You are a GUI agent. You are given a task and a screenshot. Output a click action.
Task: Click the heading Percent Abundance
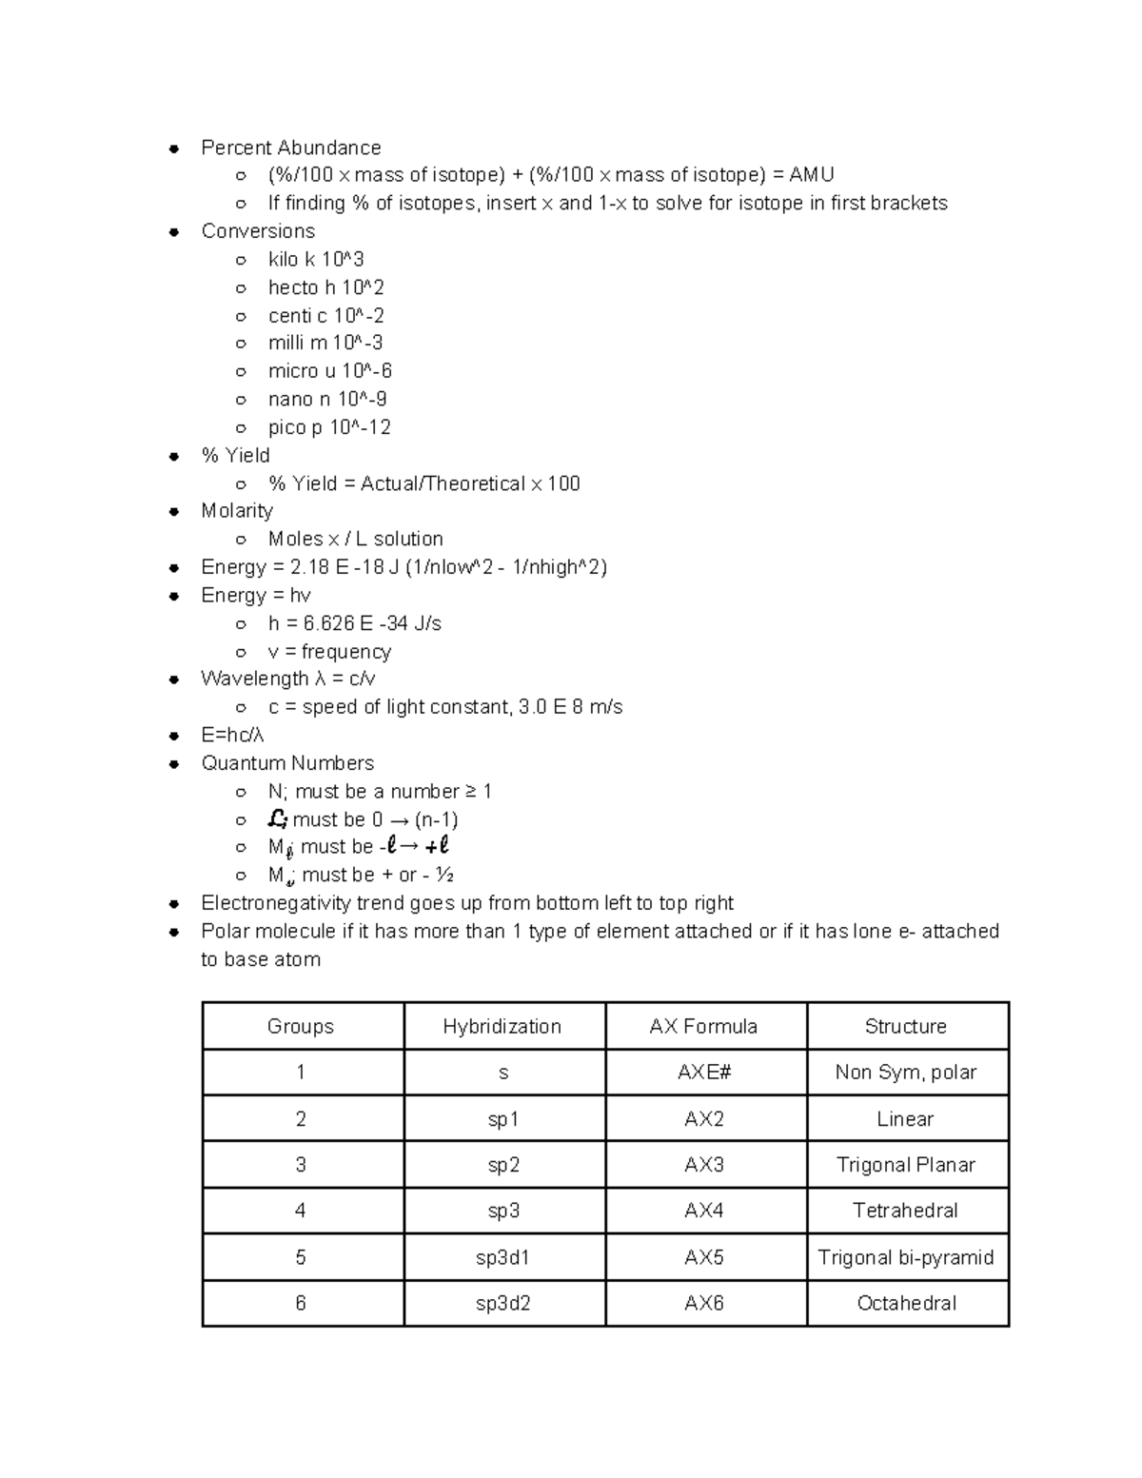290,148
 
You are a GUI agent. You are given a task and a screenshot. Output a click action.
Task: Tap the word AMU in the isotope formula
811,175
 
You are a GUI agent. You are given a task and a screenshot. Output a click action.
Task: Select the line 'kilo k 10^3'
316,260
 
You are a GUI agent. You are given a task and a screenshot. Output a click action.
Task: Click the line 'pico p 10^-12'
329,427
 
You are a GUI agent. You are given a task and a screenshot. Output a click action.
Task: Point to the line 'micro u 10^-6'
329,371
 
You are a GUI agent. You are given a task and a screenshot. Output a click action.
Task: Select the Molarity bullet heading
237,511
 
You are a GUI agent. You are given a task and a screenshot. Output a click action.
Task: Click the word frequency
345,652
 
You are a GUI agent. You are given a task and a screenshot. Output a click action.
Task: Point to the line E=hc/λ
232,736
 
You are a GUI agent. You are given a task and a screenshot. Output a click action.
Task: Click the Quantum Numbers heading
287,763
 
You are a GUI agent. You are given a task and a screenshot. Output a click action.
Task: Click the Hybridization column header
502,1026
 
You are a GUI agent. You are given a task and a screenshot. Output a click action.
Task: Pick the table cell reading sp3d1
502,1257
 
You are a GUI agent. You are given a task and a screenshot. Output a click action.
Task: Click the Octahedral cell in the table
906,1303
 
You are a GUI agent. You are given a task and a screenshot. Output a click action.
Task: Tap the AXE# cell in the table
704,1073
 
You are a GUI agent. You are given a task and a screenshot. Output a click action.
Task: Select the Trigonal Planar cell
906,1165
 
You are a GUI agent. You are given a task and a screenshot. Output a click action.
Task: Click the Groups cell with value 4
301,1211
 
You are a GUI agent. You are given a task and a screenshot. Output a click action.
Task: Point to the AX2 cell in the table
704,1119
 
